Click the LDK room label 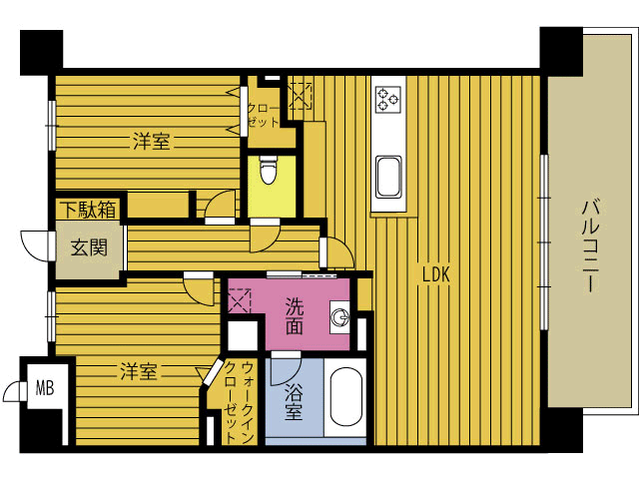coord(435,274)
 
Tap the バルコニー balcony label coord(590,246)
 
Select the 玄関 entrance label coord(89,247)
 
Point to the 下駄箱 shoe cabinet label coord(88,210)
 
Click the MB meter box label coord(45,388)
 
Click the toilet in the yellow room coord(269,170)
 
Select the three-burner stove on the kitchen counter coord(387,100)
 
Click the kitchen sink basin coord(388,178)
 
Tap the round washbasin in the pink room coord(339,317)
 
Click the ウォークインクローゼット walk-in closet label coord(240,402)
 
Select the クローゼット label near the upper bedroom coord(264,116)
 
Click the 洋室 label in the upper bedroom coord(151,142)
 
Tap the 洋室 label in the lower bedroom coord(139,371)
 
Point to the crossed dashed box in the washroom coord(240,300)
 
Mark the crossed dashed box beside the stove coord(300,96)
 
